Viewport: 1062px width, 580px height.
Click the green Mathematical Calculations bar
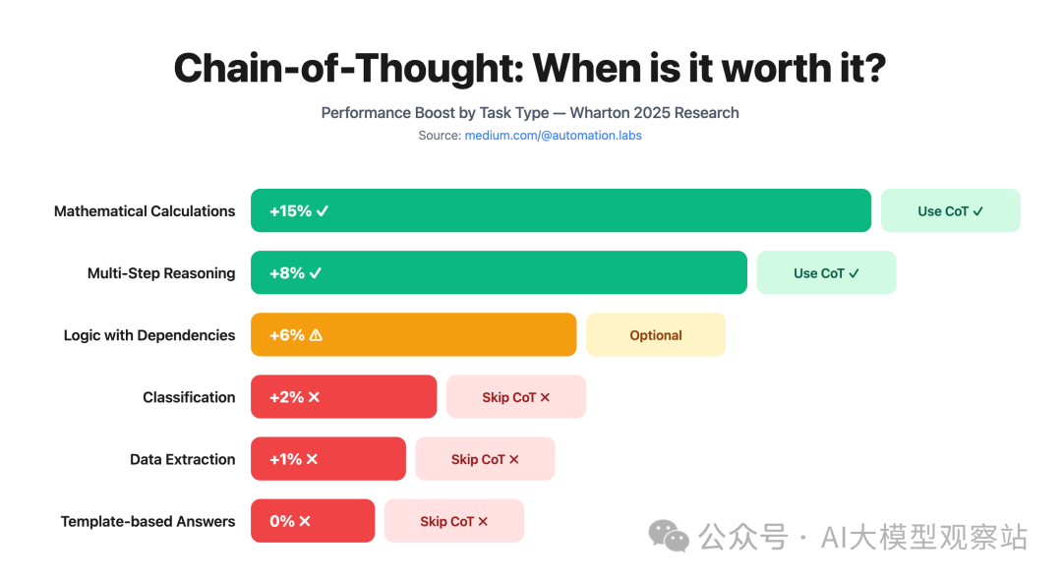tap(560, 210)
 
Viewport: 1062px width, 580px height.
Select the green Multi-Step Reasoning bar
tap(499, 272)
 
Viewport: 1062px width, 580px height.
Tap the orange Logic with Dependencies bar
tap(413, 334)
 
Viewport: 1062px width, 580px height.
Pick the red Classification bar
tap(343, 396)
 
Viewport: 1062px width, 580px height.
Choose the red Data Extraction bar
tap(327, 458)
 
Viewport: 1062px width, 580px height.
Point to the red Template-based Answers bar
tap(313, 520)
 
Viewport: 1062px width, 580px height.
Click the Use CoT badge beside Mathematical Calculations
tap(950, 210)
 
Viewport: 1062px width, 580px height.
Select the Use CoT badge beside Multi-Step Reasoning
tap(826, 272)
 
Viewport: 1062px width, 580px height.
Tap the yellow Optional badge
tap(655, 334)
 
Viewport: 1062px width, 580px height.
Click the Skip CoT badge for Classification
tap(515, 396)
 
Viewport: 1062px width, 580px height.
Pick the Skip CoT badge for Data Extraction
tap(485, 458)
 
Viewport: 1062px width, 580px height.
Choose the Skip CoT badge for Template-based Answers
tap(453, 520)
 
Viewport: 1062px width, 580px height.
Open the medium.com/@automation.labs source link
tap(553, 135)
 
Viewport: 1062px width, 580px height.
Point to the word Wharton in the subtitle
tap(603, 112)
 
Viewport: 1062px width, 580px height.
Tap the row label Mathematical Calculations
tap(145, 210)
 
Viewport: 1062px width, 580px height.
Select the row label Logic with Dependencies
tap(149, 334)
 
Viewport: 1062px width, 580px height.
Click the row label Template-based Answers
tap(147, 521)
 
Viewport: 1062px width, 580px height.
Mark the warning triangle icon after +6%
tap(316, 334)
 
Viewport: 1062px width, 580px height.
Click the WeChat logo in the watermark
tap(669, 536)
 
